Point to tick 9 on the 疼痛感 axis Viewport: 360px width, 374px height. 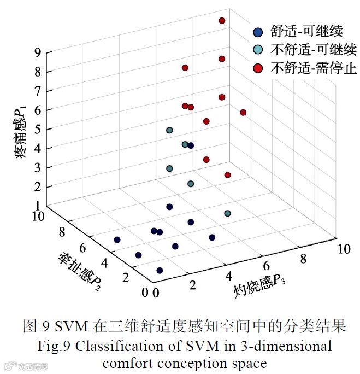pyautogui.click(x=37, y=52)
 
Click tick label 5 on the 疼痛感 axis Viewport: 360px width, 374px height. pyautogui.click(x=37, y=129)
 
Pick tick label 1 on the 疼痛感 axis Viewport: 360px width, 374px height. pyautogui.click(x=37, y=206)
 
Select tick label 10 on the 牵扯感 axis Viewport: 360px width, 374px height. pyautogui.click(x=42, y=218)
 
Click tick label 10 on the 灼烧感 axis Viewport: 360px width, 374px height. pyautogui.click(x=343, y=249)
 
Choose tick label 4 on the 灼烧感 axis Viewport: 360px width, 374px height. pyautogui.click(x=229, y=276)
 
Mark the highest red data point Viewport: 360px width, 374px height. pyautogui.click(x=222, y=21)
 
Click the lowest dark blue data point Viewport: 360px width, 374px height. pyautogui.click(x=160, y=270)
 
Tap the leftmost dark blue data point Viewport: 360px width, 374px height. pyautogui.click(x=117, y=239)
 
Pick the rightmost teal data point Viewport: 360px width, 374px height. pyautogui.click(x=227, y=213)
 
